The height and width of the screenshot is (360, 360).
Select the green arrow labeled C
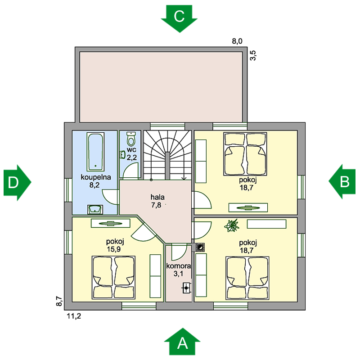coord(179,18)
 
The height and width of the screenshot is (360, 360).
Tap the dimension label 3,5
coord(253,55)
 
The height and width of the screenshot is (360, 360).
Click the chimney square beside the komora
coord(199,247)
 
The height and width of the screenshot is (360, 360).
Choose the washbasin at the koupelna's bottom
coord(94,209)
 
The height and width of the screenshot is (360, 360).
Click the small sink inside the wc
coord(122,154)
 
